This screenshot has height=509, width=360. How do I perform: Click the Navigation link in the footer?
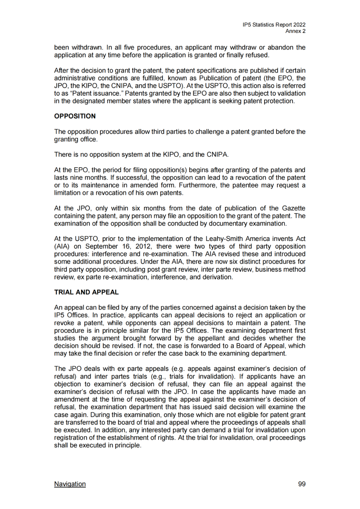tap(70, 484)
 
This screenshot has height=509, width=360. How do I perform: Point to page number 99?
tap(302, 484)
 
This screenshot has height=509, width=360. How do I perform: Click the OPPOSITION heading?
tap(75, 116)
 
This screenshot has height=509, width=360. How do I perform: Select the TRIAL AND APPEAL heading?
tap(86, 292)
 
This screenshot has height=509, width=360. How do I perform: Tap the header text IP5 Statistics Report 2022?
tap(274, 25)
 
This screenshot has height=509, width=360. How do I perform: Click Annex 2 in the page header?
tap(295, 31)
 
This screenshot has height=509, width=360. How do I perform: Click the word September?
tap(101, 246)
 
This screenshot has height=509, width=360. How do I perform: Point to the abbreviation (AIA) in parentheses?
tap(62, 246)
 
